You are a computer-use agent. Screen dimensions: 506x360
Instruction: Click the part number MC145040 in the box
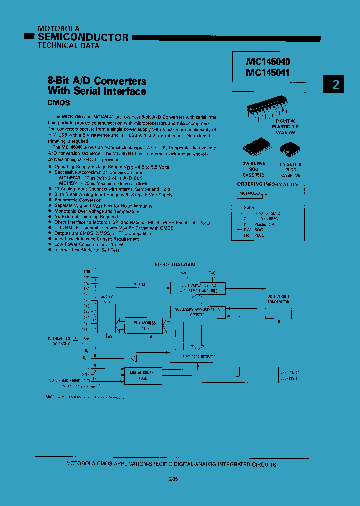(x=268, y=62)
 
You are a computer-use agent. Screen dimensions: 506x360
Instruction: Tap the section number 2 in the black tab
(x=336, y=85)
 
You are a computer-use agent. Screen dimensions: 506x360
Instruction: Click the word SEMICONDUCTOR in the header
(x=83, y=37)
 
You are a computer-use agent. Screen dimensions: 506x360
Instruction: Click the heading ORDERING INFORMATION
(x=267, y=184)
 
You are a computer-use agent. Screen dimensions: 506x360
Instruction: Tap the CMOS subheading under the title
(x=58, y=102)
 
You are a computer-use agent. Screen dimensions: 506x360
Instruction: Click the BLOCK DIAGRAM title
(x=175, y=265)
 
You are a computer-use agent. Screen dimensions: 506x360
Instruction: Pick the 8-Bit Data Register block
(x=198, y=357)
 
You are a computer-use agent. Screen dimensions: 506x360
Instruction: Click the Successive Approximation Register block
(x=197, y=312)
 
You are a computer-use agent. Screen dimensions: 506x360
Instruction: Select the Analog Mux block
(x=105, y=302)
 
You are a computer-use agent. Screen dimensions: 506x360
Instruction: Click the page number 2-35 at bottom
(x=173, y=480)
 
